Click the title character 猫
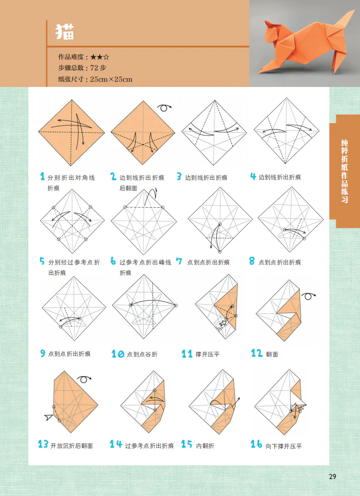coord(65,32)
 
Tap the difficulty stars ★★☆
coord(100,57)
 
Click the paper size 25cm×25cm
coord(111,79)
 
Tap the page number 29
coord(333,477)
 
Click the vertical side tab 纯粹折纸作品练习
coord(344,171)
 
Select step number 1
coord(43,177)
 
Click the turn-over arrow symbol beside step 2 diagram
coord(164,108)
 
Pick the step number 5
coord(43,262)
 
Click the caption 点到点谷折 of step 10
coord(142,354)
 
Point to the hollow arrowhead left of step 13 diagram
coord(48,416)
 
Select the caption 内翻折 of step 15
coord(205,446)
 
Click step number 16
coord(256,444)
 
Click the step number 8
coord(252,262)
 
